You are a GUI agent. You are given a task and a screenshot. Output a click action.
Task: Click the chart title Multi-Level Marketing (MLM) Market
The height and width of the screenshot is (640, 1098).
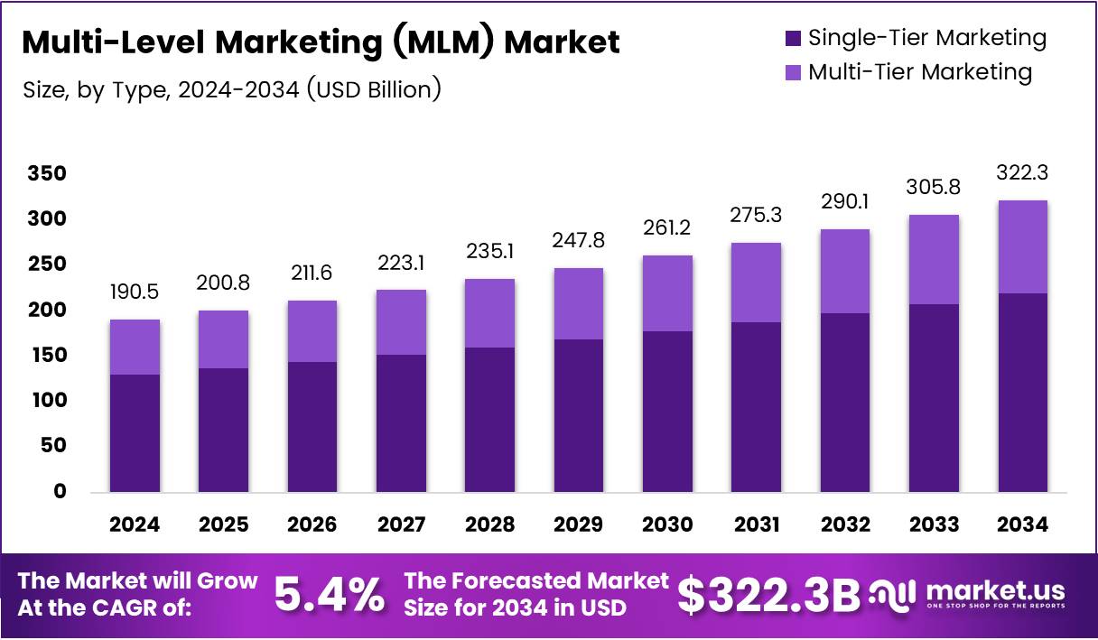click(320, 42)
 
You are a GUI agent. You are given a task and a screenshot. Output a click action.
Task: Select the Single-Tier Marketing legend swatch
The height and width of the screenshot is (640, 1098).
click(793, 38)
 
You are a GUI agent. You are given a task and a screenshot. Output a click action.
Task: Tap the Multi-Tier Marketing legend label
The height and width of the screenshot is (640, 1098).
click(919, 72)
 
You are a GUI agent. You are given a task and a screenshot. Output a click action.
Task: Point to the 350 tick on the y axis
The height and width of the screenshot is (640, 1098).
click(47, 173)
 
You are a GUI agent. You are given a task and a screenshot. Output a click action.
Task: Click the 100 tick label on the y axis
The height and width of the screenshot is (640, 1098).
click(47, 400)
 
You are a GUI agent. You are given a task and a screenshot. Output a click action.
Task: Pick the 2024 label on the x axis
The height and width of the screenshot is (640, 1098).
click(135, 524)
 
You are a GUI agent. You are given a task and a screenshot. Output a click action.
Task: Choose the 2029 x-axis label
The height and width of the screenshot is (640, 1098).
click(579, 524)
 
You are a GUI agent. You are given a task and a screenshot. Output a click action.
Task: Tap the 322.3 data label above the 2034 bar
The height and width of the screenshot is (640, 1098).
click(1022, 172)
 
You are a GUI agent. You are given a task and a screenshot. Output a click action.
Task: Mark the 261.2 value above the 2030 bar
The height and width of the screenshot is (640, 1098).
click(667, 228)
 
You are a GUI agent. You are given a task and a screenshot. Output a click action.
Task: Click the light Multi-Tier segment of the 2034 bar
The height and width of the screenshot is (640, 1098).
click(1022, 246)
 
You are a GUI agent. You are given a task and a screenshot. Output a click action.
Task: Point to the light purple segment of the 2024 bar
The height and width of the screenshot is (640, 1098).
click(135, 347)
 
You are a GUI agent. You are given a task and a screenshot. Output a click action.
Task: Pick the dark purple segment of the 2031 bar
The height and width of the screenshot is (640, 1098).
click(756, 406)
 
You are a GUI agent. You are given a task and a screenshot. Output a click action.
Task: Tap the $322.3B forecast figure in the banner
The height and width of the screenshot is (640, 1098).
click(768, 594)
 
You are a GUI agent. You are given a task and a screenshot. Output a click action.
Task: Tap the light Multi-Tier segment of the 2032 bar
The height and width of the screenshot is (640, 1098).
click(844, 271)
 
